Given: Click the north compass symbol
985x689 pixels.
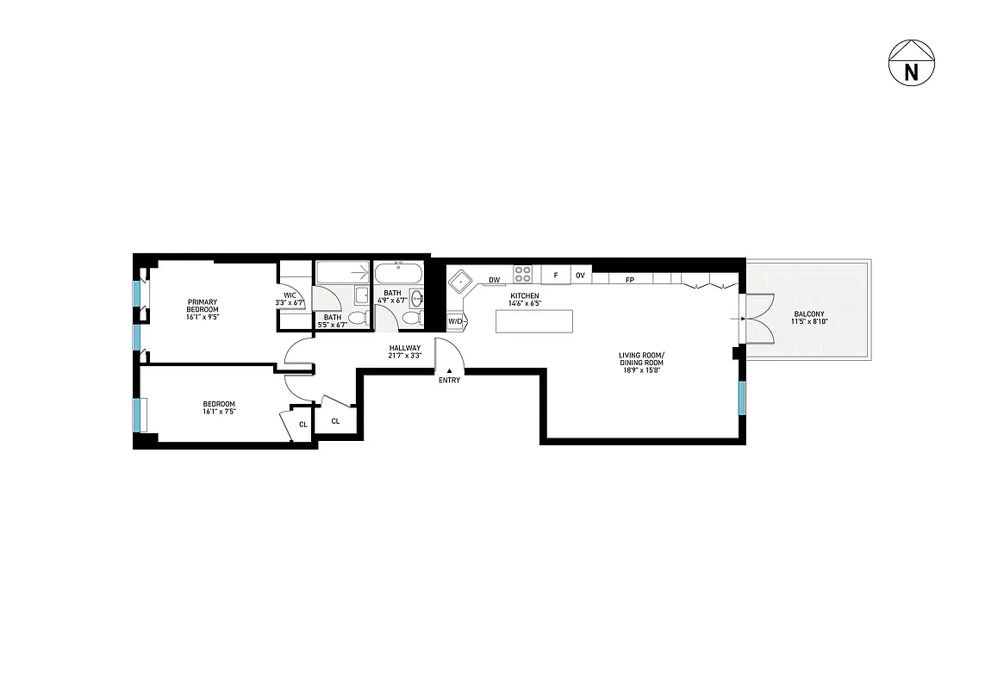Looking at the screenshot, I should click(911, 64).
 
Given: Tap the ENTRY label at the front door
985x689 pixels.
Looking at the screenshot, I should click(449, 380).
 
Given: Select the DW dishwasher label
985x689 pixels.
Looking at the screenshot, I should click(495, 280).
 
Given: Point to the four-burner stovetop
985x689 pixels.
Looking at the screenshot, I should click(522, 275).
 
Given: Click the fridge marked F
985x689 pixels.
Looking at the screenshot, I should click(556, 276).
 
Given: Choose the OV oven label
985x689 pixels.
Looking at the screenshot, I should click(581, 276).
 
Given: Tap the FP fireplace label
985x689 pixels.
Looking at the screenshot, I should click(630, 280).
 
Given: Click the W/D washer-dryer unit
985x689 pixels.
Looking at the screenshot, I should click(455, 321).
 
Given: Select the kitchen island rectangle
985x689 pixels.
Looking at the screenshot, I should click(534, 321).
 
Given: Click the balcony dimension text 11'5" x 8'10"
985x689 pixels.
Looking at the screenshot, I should click(809, 322).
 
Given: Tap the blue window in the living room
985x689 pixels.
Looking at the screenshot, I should click(741, 397).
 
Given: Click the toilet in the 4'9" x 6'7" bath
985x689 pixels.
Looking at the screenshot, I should click(411, 319).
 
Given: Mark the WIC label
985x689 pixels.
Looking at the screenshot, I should click(290, 294).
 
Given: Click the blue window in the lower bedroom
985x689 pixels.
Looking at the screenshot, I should click(137, 414).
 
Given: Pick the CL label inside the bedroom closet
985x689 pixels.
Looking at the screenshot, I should click(302, 424).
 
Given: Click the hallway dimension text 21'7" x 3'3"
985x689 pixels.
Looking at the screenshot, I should click(405, 355).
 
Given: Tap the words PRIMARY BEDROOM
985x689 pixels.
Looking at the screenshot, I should click(203, 306).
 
